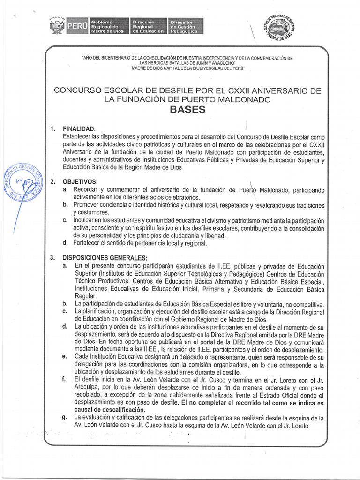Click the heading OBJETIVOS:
tap(80, 181)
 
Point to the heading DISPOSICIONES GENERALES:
tap(105, 257)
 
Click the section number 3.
tap(53, 257)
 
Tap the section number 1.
tap(53, 129)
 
